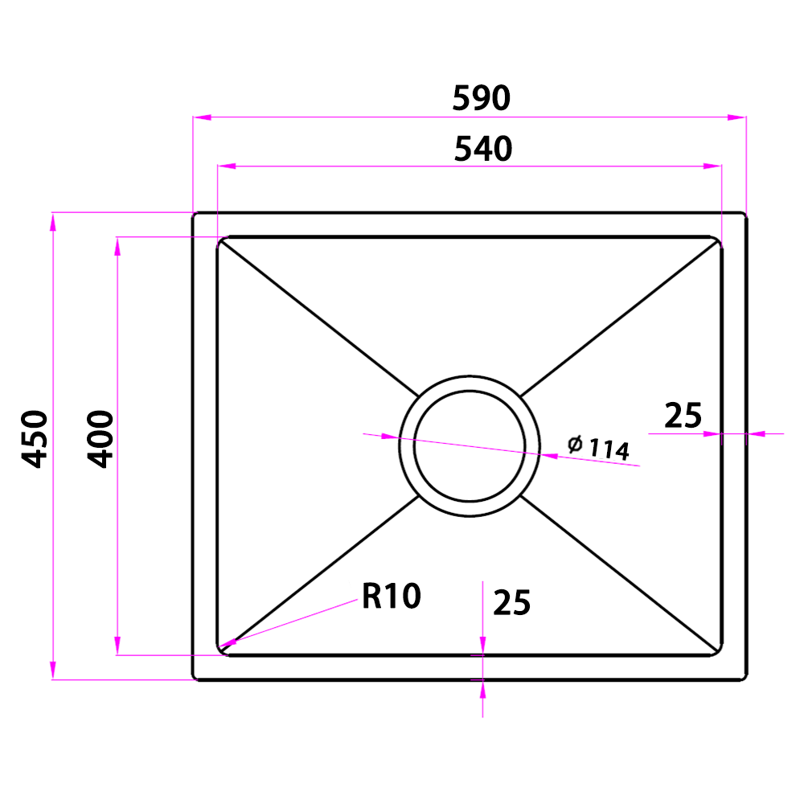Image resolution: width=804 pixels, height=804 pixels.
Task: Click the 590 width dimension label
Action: click(482, 98)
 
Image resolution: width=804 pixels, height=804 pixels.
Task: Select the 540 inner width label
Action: click(483, 149)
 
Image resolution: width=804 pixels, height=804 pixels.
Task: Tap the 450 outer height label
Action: click(35, 439)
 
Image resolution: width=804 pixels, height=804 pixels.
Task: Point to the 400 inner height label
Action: click(100, 439)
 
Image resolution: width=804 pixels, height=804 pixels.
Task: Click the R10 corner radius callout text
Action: click(392, 596)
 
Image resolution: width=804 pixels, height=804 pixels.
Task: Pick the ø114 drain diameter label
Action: click(599, 448)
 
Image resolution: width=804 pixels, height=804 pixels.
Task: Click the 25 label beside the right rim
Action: click(683, 416)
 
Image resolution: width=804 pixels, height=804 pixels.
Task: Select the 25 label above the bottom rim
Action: click(511, 602)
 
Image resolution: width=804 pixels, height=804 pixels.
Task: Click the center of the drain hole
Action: click(470, 446)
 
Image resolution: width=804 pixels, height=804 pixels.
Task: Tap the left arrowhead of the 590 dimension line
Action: click(202, 117)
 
